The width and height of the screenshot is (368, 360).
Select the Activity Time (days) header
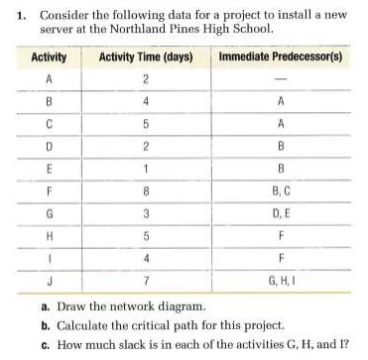pyautogui.click(x=144, y=58)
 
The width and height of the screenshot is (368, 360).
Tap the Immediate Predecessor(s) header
pyautogui.click(x=280, y=58)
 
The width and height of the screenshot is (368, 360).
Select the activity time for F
pyautogui.click(x=144, y=188)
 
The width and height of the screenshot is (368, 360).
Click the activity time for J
pyautogui.click(x=144, y=280)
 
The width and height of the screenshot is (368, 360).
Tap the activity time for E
pyautogui.click(x=144, y=167)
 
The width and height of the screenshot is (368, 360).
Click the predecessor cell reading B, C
pyautogui.click(x=280, y=188)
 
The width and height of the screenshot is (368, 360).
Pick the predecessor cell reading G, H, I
pyautogui.click(x=280, y=280)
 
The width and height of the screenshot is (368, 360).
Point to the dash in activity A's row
pyautogui.click(x=280, y=79)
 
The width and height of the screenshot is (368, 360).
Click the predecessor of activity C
pyautogui.click(x=280, y=124)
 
